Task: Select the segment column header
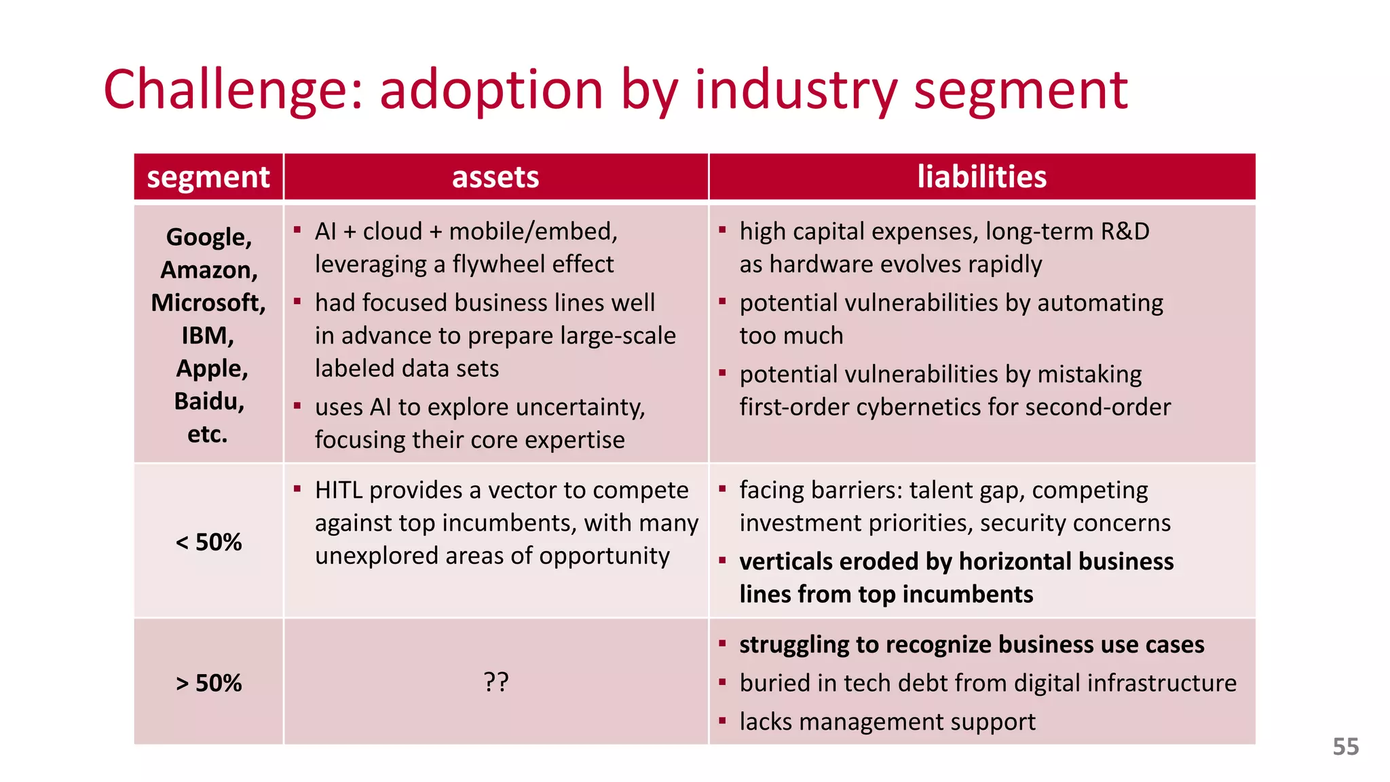208,177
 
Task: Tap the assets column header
495,177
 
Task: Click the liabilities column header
981,177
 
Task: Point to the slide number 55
1345,747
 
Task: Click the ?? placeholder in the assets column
496,682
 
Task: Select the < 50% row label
208,542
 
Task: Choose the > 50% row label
208,683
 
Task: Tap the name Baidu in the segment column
208,401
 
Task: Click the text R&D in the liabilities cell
1125,231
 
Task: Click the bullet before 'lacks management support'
722,721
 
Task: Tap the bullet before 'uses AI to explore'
297,406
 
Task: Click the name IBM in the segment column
206,335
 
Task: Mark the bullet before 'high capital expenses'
722,230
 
